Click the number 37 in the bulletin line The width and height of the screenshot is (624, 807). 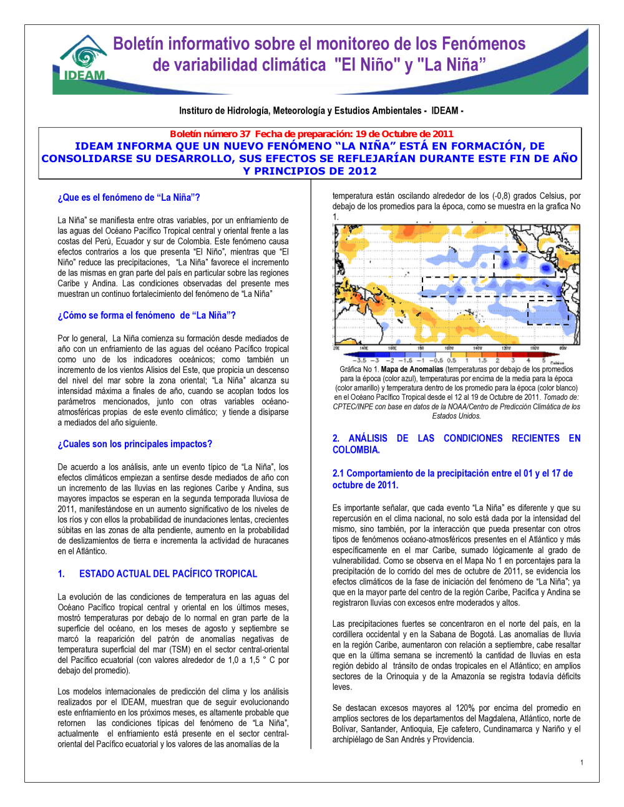pos(245,134)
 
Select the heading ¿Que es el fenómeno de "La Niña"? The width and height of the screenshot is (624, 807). pos(129,198)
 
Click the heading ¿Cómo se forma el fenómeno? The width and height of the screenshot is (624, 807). pos(147,316)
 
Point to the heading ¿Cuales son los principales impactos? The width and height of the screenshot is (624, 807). pos(135,444)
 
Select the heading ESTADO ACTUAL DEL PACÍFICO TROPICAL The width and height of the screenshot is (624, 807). pos(168,574)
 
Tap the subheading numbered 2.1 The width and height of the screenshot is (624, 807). pos(452,479)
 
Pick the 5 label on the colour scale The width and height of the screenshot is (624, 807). pos(544,360)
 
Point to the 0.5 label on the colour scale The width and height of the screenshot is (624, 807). pos(451,360)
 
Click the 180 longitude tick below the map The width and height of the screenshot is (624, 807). pos(421,349)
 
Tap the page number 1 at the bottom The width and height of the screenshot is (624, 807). pos(582,762)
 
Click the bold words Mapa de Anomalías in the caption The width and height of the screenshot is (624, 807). pos(412,369)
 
